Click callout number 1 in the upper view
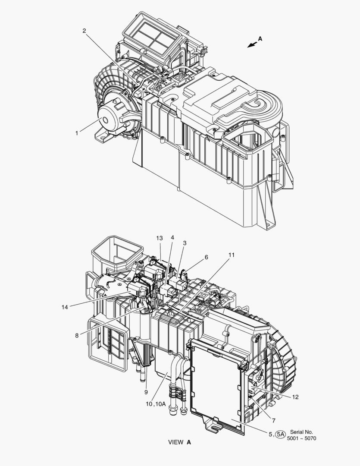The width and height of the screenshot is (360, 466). tap(77, 133)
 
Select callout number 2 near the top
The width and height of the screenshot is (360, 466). tap(84, 31)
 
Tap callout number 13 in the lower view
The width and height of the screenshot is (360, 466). tap(160, 238)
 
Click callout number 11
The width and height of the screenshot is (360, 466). tap(232, 255)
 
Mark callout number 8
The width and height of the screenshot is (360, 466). tap(77, 335)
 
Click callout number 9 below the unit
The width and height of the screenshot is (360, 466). tap(146, 392)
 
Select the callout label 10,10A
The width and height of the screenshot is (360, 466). tap(156, 404)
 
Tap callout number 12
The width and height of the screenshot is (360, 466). tap(295, 397)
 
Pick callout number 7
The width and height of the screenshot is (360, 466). tap(274, 420)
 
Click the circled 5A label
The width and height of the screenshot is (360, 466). tap(281, 435)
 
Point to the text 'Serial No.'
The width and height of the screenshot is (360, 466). tap(302, 431)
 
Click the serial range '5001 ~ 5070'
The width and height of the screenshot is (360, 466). tap(302, 438)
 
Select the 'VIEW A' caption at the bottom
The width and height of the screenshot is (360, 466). tap(179, 442)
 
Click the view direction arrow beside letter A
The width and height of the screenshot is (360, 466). tap(252, 45)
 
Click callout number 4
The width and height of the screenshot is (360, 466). tap(172, 238)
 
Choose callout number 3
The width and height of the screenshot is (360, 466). tap(185, 243)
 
